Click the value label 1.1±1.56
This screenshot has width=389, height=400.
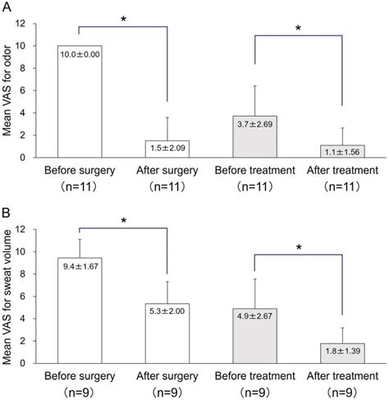pyautogui.click(x=342, y=150)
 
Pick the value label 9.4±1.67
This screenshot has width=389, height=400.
pyautogui.click(x=79, y=266)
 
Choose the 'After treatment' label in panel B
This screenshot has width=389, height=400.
pyautogui.click(x=342, y=375)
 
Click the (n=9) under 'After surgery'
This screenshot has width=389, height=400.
pyautogui.click(x=167, y=392)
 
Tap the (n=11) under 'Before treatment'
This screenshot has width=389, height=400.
pyautogui.click(x=256, y=186)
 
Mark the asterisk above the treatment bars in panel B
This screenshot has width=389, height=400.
pyautogui.click(x=299, y=246)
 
